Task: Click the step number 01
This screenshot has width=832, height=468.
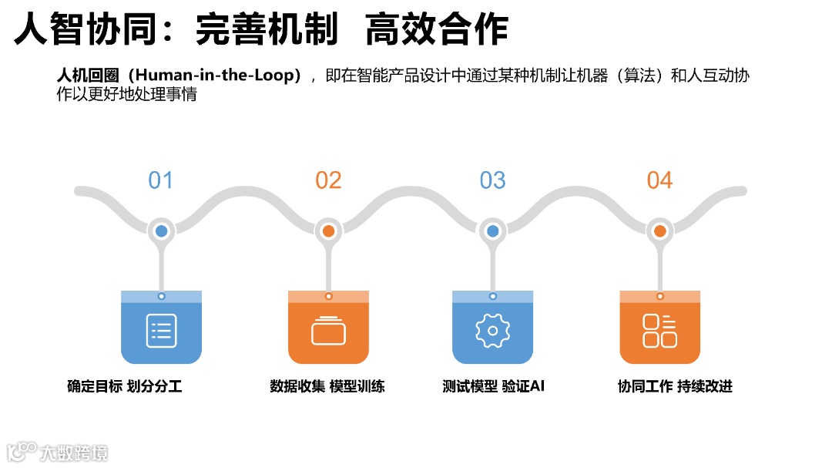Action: coord(160,180)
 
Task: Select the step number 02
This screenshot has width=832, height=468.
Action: coord(328,180)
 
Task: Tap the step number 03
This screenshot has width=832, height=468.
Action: coord(492,180)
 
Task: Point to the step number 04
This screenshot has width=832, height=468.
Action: coord(659,180)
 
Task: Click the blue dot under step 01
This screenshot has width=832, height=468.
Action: coord(161,231)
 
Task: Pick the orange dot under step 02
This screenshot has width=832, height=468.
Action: coord(328,231)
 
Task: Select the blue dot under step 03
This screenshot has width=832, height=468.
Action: coord(493,231)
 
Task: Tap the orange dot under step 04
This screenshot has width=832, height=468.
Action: coord(659,231)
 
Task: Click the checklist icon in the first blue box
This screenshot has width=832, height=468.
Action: coord(161,331)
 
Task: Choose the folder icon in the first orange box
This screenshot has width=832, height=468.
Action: coord(328,331)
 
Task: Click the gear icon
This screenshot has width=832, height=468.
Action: coord(493,331)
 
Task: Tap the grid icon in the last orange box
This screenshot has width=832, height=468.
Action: coord(659,331)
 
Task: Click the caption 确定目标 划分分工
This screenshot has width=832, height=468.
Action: coord(124,386)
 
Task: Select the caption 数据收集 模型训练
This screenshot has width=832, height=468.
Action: coord(327,386)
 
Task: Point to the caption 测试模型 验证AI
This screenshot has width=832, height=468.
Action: coord(493,386)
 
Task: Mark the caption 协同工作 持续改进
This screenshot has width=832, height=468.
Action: coord(675,386)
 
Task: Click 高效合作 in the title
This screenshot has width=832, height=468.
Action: coord(436,30)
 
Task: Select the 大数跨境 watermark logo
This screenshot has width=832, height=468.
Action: coord(57,452)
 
